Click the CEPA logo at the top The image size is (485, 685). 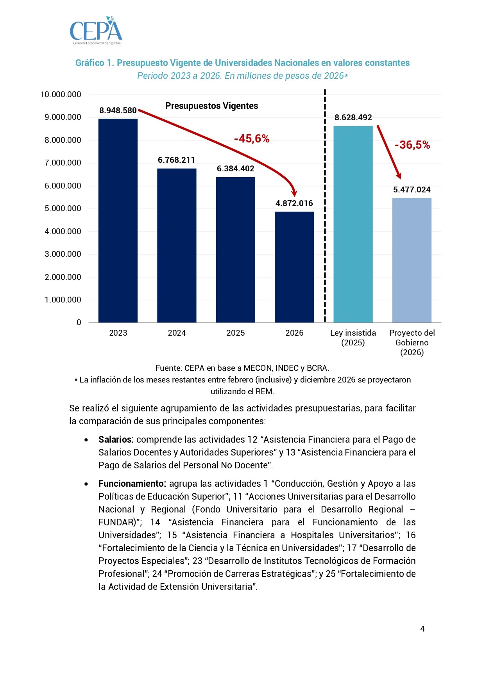point(96,30)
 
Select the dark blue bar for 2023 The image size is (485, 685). point(118,221)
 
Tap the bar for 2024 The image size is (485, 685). point(177,246)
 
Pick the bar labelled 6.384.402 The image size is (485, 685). point(235,250)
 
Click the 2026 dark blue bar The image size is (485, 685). point(294,267)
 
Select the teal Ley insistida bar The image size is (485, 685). point(353,224)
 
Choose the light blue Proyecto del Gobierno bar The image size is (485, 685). point(412,260)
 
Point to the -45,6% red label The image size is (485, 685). point(252,139)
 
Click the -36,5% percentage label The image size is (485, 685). point(412,145)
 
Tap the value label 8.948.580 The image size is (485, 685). point(118,110)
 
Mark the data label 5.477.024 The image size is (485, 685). point(412,190)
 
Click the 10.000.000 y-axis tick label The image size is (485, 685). point(61,94)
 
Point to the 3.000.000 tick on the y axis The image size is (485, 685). point(63,254)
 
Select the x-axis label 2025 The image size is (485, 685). point(235,333)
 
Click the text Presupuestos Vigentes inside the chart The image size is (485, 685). point(211,106)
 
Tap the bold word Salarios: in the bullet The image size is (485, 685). point(116,439)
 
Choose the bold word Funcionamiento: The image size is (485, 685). point(132,484)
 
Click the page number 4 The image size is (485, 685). point(422,628)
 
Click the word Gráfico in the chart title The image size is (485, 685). point(89,63)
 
